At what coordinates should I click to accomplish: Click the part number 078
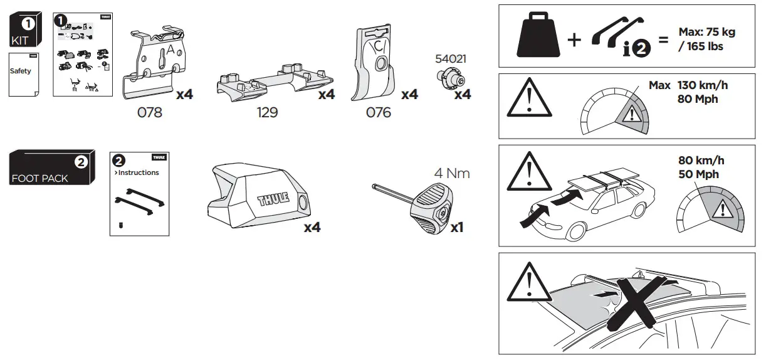(x=149, y=113)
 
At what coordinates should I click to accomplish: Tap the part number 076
(x=378, y=113)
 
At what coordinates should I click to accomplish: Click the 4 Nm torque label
(x=452, y=174)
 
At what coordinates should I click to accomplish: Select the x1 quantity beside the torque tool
(x=456, y=228)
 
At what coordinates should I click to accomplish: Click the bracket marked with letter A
(x=154, y=63)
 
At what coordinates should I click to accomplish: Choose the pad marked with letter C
(x=375, y=63)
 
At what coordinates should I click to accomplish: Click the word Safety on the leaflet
(x=20, y=71)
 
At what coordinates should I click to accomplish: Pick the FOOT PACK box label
(x=39, y=178)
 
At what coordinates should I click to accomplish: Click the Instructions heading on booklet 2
(x=138, y=172)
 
